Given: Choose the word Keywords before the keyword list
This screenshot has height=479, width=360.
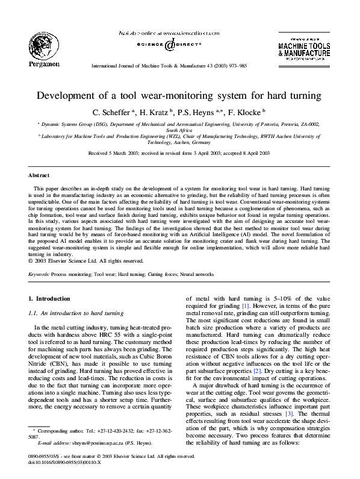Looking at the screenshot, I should pyautogui.click(x=39, y=274).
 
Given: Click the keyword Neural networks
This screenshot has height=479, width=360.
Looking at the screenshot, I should pyautogui.click(x=196, y=274).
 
